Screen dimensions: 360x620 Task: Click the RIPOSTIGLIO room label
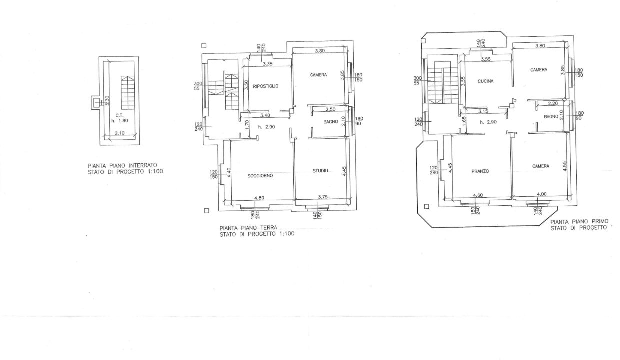coord(265,86)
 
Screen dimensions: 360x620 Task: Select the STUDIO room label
coord(320,171)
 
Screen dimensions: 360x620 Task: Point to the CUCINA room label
coord(486,81)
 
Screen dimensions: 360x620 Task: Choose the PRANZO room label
coord(480,171)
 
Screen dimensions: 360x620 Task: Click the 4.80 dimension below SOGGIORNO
coord(259,198)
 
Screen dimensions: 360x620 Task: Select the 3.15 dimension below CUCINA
coord(483,111)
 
